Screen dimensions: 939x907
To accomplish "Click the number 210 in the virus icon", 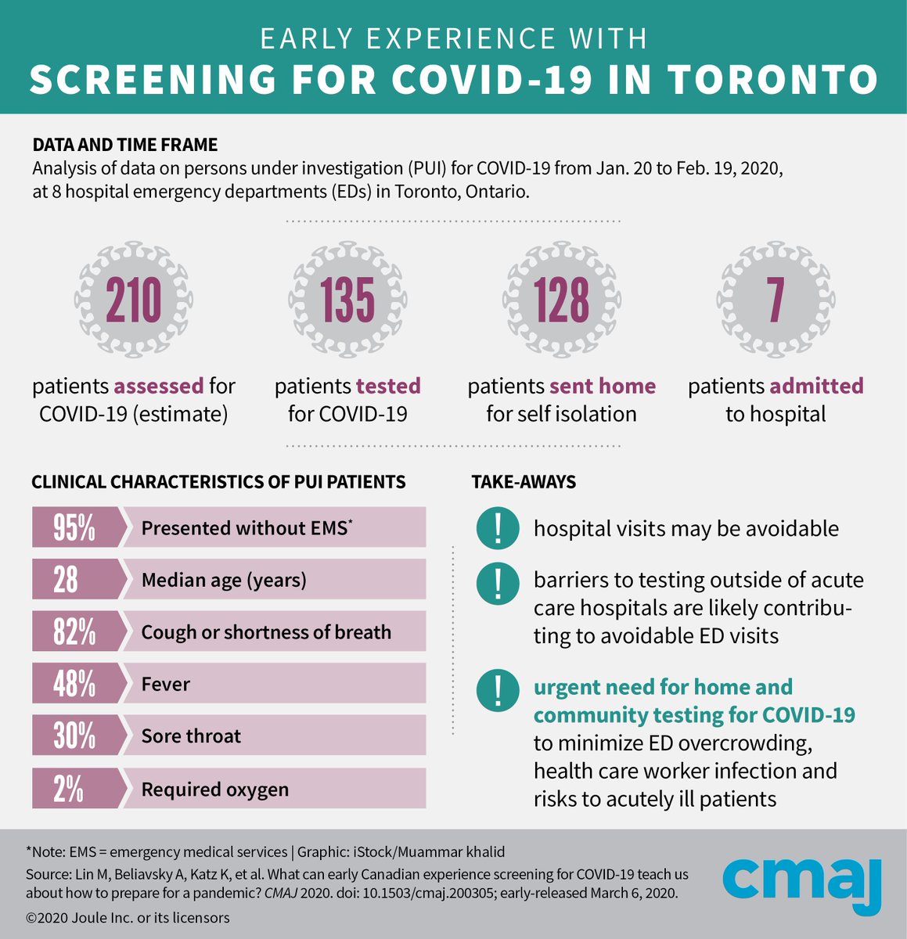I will pyautogui.click(x=134, y=300).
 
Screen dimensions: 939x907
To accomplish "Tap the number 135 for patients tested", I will pyautogui.click(x=347, y=300).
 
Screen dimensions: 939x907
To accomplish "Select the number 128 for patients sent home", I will pyautogui.click(x=561, y=300).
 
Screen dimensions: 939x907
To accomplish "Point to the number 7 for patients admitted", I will pyautogui.click(x=775, y=300).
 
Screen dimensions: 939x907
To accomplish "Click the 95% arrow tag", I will pyautogui.click(x=75, y=527).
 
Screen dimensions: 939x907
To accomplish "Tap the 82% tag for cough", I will pyautogui.click(x=75, y=631).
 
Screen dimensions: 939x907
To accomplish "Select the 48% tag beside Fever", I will pyautogui.click(x=75, y=684).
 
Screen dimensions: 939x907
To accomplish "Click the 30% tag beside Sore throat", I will pyautogui.click(x=75, y=736).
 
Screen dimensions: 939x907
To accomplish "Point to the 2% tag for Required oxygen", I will pyautogui.click(x=70, y=789).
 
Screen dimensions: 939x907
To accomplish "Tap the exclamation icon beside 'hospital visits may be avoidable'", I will pyautogui.click(x=498, y=527).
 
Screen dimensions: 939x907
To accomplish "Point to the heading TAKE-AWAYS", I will pyautogui.click(x=524, y=482).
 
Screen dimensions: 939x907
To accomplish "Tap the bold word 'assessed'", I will pyautogui.click(x=159, y=386).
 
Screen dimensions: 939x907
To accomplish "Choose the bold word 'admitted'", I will pyautogui.click(x=816, y=386).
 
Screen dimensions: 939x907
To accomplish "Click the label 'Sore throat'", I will pyautogui.click(x=191, y=736).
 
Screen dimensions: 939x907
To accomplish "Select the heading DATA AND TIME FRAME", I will pyautogui.click(x=125, y=145).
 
